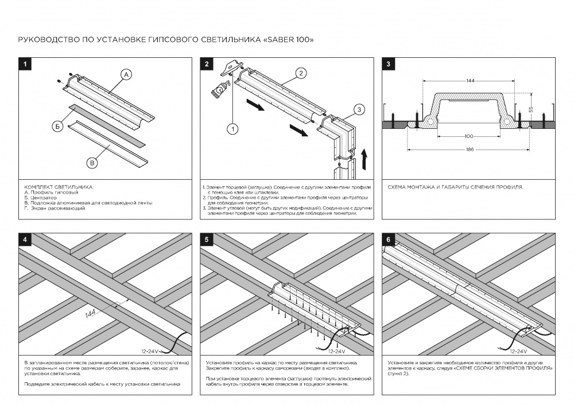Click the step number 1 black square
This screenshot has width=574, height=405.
pos(25,64)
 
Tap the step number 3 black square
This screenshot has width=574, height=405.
pos(389,64)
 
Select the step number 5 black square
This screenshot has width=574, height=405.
pos(207,239)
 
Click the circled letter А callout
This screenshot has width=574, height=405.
pos(126,74)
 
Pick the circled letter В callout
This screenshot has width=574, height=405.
pos(91,163)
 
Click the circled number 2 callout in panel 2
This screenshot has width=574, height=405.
pos(301,73)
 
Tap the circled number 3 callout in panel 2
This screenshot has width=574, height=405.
pos(358,109)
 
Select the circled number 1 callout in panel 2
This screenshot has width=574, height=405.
pos(232,129)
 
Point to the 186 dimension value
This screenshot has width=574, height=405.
pos(470,150)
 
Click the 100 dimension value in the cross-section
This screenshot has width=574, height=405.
pos(470,136)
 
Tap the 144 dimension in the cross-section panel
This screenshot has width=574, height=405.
pos(470,81)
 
